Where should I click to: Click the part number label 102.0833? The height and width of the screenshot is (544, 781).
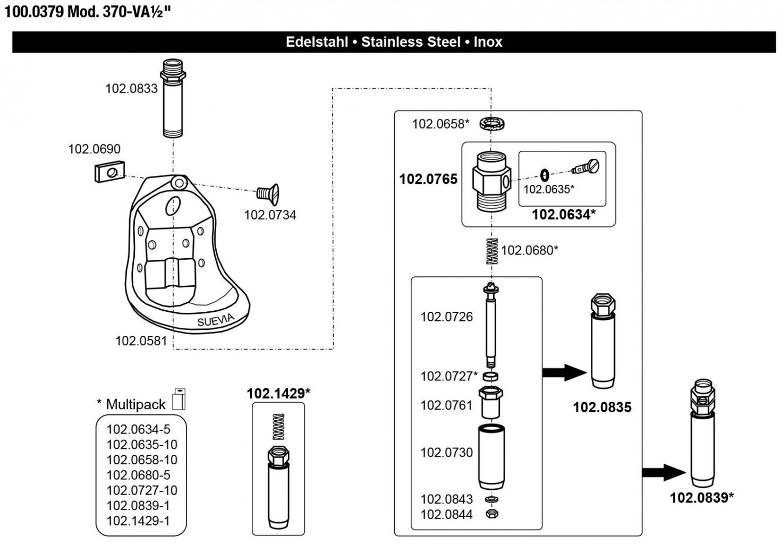[x=131, y=89]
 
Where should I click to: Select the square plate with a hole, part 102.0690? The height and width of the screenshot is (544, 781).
[x=109, y=171]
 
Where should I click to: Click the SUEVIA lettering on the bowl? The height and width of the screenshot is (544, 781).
[x=215, y=320]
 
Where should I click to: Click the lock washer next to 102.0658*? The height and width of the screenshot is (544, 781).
[x=491, y=124]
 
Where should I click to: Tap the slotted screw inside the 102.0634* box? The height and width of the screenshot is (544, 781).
[x=587, y=167]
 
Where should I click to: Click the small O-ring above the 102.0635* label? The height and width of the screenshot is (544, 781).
[x=544, y=174]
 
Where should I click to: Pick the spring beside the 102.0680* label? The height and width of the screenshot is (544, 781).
[x=493, y=251]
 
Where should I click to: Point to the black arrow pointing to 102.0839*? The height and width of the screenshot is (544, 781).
[x=664, y=472]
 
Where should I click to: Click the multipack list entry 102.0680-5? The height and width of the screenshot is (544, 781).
[x=139, y=475]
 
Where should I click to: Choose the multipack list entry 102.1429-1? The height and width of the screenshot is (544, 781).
[x=139, y=521]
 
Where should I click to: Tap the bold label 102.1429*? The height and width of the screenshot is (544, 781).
[x=278, y=394]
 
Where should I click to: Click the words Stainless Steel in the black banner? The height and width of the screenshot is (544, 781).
[x=411, y=42]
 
